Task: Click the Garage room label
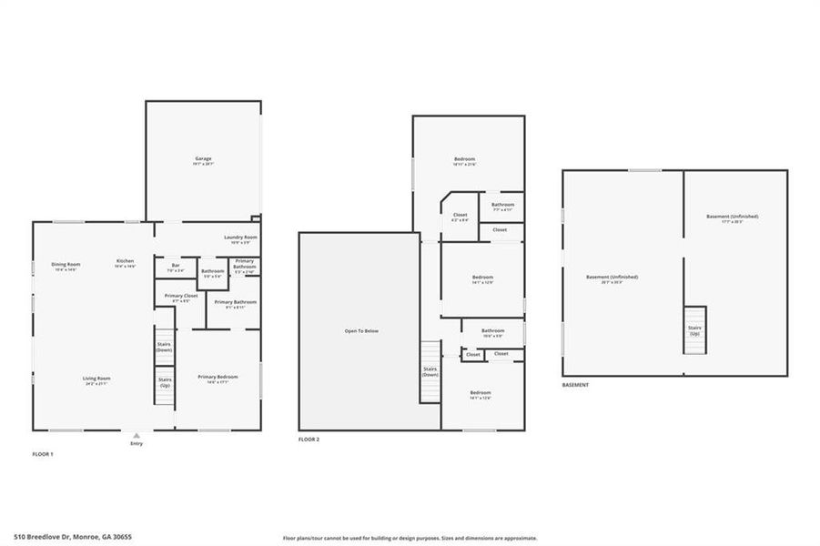point(202,160)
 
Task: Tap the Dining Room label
point(66,266)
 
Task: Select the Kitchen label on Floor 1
point(125,263)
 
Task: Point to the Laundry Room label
point(241,238)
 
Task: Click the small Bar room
point(175,268)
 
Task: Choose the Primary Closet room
point(181,298)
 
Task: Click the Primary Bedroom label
point(218,379)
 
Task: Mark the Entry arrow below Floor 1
point(137,436)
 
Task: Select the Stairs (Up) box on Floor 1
point(165,382)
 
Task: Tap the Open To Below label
point(361,331)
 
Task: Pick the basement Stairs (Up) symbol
point(694,329)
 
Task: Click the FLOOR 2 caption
point(309,440)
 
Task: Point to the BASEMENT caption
point(574,385)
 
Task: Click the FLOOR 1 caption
point(43,453)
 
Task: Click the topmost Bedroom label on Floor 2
point(464,161)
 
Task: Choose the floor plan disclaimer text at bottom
point(410,538)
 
